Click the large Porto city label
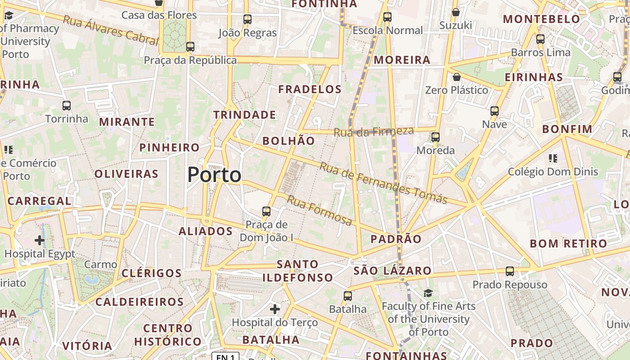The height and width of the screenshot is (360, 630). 214,175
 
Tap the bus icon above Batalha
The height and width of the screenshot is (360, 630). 347,296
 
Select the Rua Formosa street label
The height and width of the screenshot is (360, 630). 319,211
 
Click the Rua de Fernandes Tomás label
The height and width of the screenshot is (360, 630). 383,183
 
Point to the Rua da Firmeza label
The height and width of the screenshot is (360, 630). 373,131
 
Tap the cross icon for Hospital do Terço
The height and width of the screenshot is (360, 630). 275,309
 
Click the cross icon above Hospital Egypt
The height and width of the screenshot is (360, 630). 40,240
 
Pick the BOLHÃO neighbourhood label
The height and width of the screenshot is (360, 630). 288,141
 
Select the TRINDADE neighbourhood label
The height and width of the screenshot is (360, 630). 244,115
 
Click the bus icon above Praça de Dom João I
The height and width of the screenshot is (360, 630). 266,211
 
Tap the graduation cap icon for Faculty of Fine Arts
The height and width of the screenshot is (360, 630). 428,293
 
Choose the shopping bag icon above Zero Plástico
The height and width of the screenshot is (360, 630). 457,77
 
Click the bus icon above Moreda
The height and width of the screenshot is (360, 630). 435,137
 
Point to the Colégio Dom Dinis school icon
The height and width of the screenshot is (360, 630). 553,158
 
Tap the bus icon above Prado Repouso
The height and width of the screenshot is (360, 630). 509,271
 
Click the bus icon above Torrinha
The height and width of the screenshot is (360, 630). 67,106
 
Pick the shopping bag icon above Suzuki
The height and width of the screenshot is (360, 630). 455,12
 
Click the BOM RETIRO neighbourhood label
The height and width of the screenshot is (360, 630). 568,244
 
